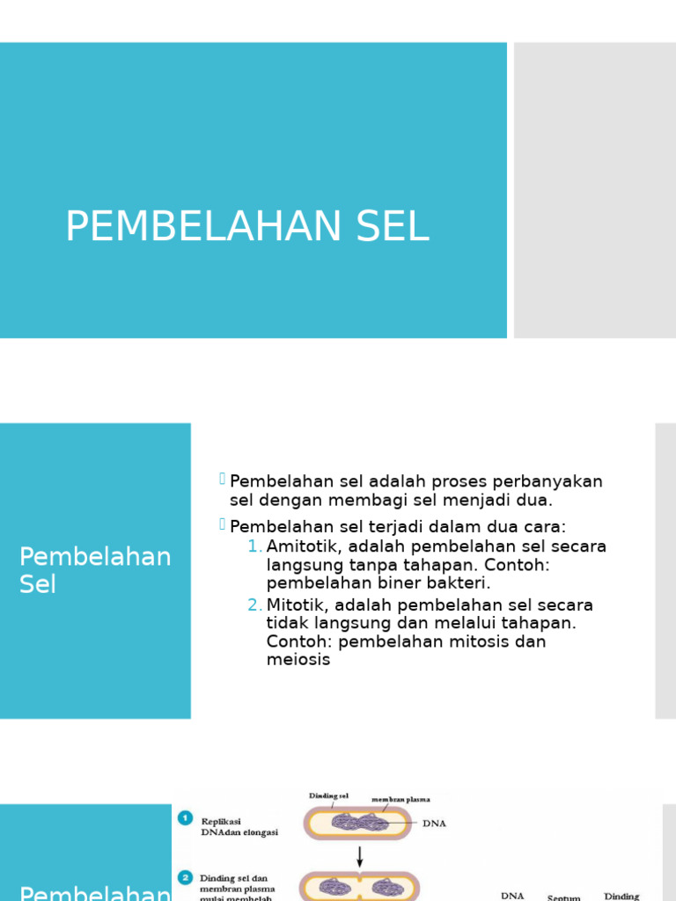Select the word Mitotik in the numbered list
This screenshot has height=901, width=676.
[x=298, y=605]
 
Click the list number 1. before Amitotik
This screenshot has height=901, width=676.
[x=254, y=546]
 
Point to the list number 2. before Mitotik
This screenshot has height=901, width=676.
[x=254, y=605]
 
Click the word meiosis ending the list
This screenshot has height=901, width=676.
[x=298, y=660]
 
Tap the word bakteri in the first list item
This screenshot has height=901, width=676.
[x=460, y=582]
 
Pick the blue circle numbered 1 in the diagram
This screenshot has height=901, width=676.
[x=186, y=818]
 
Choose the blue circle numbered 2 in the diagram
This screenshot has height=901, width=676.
[x=186, y=878]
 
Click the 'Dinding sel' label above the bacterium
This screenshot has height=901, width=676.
[x=328, y=796]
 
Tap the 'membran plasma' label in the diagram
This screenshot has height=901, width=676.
[x=400, y=800]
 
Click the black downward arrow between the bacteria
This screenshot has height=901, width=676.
[x=359, y=854]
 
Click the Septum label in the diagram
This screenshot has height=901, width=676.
[x=563, y=897]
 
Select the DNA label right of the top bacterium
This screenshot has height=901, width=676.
[x=435, y=824]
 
